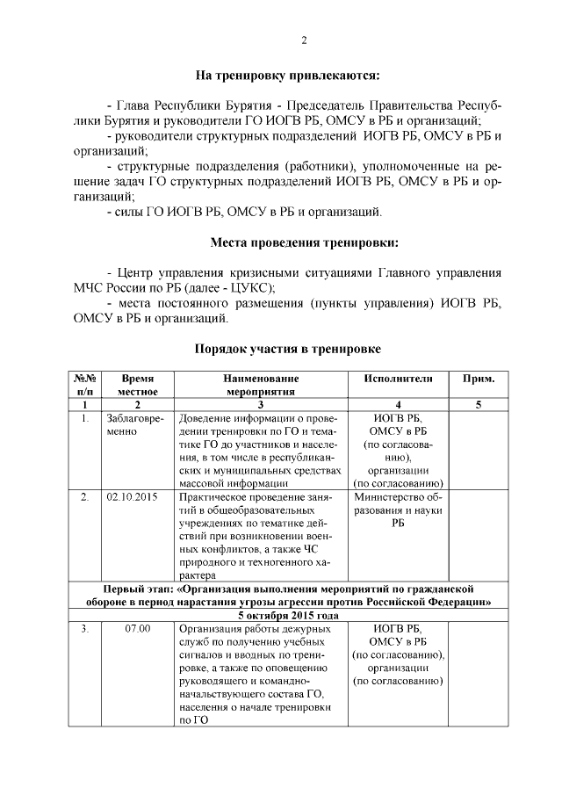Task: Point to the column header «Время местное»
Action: pyautogui.click(x=139, y=385)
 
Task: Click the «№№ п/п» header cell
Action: pyautogui.click(x=84, y=385)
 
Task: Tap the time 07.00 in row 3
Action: pyautogui.click(x=138, y=628)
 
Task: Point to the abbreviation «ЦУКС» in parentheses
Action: pyautogui.click(x=253, y=288)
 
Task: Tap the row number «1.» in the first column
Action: pyautogui.click(x=84, y=419)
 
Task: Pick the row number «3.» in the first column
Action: pyautogui.click(x=84, y=628)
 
